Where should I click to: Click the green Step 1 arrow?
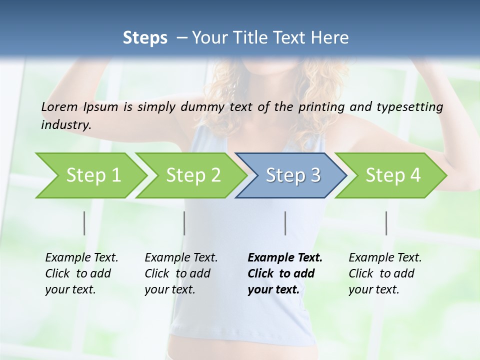point(90,175)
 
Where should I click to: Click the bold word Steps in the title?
point(145,38)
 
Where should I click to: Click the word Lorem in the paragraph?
point(59,107)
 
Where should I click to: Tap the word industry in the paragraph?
point(66,125)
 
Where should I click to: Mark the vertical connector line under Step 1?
point(84,223)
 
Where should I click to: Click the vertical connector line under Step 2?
point(184,223)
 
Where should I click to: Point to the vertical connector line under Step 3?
point(285,223)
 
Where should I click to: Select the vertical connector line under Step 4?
point(386,223)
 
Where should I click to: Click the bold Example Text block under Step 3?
point(285,273)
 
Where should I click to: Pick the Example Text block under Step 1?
point(81,273)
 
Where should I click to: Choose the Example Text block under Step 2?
point(181,273)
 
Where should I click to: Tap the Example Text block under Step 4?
point(385,273)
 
